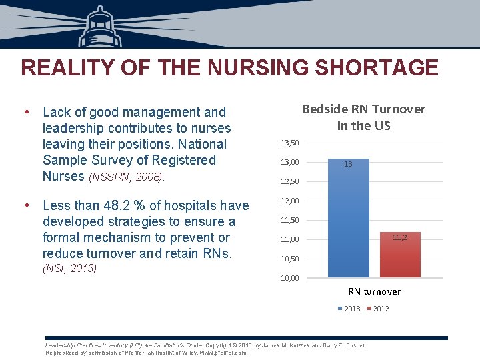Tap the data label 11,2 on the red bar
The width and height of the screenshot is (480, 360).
click(400, 237)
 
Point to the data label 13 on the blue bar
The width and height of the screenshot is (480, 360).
click(348, 164)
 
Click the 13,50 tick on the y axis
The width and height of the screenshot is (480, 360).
click(290, 143)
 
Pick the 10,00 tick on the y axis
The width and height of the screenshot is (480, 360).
click(290, 278)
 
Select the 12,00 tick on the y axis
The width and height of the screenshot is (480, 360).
click(290, 201)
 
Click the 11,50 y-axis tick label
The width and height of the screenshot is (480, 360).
click(290, 220)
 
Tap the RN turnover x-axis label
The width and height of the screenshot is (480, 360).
click(374, 291)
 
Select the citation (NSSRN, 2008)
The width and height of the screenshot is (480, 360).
click(126, 177)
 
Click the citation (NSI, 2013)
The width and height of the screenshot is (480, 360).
click(69, 268)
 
